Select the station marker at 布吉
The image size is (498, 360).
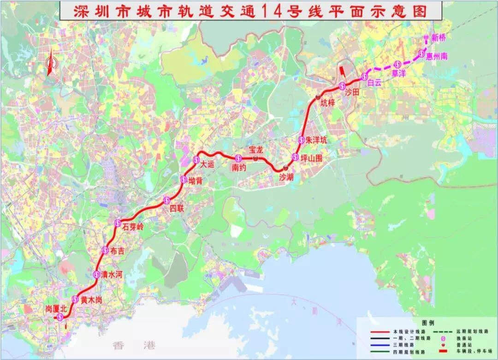[105, 250]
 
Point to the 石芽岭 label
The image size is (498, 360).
[134, 226]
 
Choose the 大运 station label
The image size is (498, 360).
[207, 163]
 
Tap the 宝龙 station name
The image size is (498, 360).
[255, 150]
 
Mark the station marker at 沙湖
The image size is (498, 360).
[286, 168]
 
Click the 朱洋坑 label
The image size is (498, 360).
[316, 140]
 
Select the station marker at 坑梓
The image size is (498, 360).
[318, 97]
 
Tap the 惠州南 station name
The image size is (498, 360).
[437, 56]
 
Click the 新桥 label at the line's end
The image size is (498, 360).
[439, 39]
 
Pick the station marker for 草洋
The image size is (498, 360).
[396, 64]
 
